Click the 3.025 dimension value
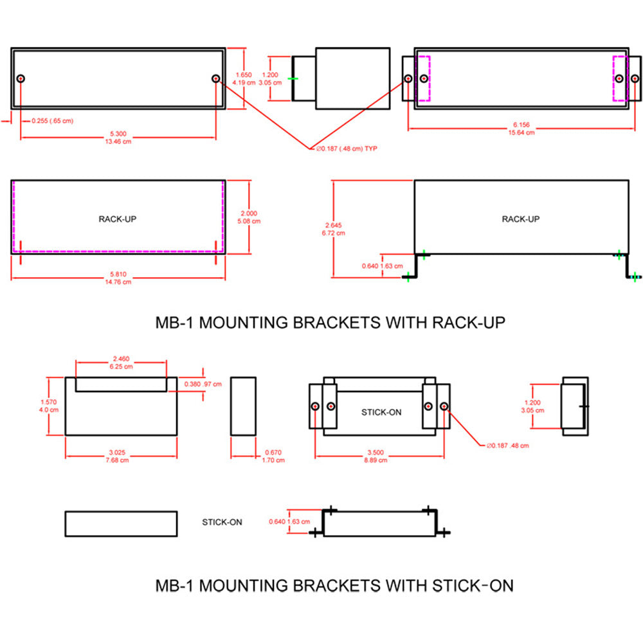click(121, 453)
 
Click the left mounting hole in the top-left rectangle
click(21, 78)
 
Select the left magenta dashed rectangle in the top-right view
click(424, 78)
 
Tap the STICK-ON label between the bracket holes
click(381, 412)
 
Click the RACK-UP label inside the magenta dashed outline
click(117, 219)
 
